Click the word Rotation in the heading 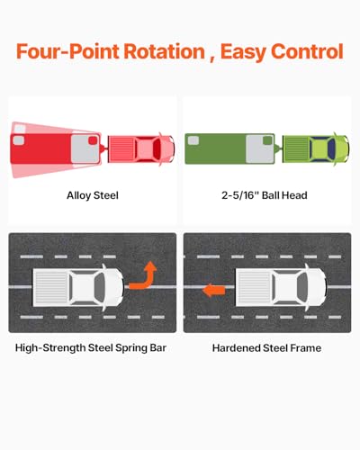(164, 51)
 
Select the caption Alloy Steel (93, 195)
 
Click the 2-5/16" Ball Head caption (265, 195)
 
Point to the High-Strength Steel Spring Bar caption (91, 348)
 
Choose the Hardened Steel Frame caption (266, 348)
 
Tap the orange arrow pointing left (214, 291)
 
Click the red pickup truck (141, 149)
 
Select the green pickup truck (316, 149)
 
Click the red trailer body (56, 148)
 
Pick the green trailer (229, 148)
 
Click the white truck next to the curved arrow (78, 287)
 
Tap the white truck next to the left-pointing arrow (281, 287)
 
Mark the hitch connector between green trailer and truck (279, 148)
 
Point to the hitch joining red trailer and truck (104, 148)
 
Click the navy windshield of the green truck (331, 148)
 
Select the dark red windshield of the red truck (157, 148)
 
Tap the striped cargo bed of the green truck (296, 149)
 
